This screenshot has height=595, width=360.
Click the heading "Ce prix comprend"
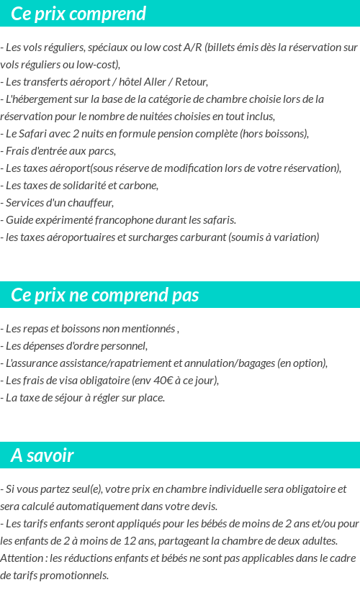pyautogui.click(x=78, y=14)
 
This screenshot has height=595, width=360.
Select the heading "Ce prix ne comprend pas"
pyautogui.click(x=105, y=295)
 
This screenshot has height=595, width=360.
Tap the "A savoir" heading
pyautogui.click(x=42, y=455)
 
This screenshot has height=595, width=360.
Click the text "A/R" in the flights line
pyautogui.click(x=193, y=47)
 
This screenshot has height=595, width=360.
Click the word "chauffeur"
pyautogui.click(x=89, y=203)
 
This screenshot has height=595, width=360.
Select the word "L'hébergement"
pyautogui.click(x=36, y=99)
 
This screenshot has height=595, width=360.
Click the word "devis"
pyautogui.click(x=202, y=507)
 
